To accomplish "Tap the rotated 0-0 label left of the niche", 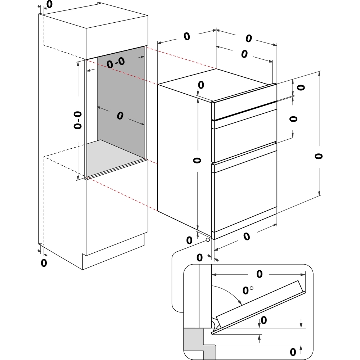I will [78, 120].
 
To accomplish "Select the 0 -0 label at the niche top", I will [116, 63].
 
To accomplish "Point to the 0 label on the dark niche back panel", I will [120, 116].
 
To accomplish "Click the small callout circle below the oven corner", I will [208, 240].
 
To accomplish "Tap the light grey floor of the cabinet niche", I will [115, 155].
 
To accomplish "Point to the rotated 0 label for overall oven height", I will [318, 156].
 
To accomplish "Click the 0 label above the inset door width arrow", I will [259, 274].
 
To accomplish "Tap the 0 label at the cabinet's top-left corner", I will [49, 4].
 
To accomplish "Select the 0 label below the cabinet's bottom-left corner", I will [44, 263].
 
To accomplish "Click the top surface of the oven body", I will [216, 83].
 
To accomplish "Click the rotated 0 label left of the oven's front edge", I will [197, 160].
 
